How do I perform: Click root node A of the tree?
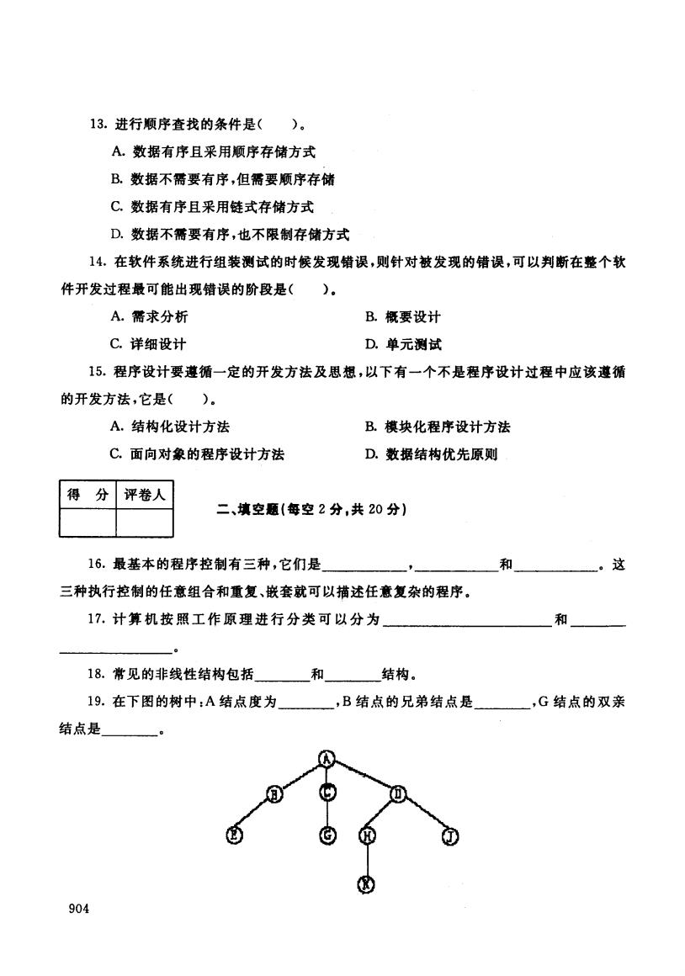coord(327,758)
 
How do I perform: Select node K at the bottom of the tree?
coord(366,884)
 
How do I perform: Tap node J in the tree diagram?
coord(449,836)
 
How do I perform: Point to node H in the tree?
coord(368,836)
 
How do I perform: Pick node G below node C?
coord(327,835)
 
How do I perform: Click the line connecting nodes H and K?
coord(367,860)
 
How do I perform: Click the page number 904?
coord(79,909)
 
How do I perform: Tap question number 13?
coord(99,124)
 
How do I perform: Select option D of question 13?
coord(231,235)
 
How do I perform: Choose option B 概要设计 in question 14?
coord(403,317)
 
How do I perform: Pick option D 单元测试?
coord(404,344)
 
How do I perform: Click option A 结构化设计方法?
coord(170,427)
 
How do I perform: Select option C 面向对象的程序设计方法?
coord(198,454)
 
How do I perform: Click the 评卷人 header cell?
coord(145,495)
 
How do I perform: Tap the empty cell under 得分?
coord(88,522)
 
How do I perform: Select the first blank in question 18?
coord(282,678)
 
